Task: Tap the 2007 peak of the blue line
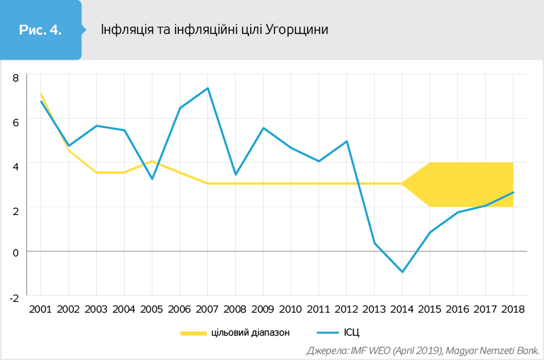click(207, 88)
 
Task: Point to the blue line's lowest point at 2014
click(402, 272)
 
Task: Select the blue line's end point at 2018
click(513, 192)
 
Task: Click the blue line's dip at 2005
click(152, 179)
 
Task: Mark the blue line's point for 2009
click(263, 128)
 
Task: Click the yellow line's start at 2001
click(41, 94)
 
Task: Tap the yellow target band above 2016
click(457, 184)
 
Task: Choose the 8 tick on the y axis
click(16, 77)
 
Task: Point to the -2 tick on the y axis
click(14, 296)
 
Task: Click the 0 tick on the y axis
click(16, 252)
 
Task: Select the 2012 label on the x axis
click(346, 309)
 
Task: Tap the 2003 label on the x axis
click(96, 309)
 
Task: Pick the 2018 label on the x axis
click(513, 309)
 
